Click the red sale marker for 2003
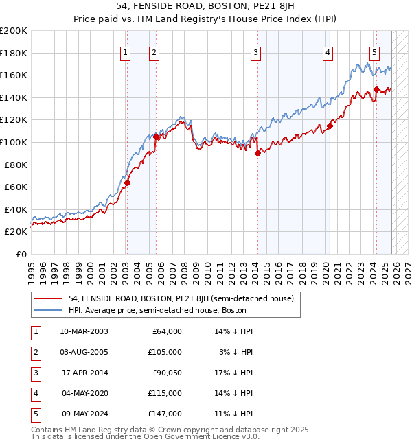127,183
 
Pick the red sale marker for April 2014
257,154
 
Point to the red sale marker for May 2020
330,126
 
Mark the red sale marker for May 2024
376,90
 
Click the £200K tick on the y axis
14,31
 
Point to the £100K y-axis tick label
14,142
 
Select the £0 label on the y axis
20,254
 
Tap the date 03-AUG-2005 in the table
84,351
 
